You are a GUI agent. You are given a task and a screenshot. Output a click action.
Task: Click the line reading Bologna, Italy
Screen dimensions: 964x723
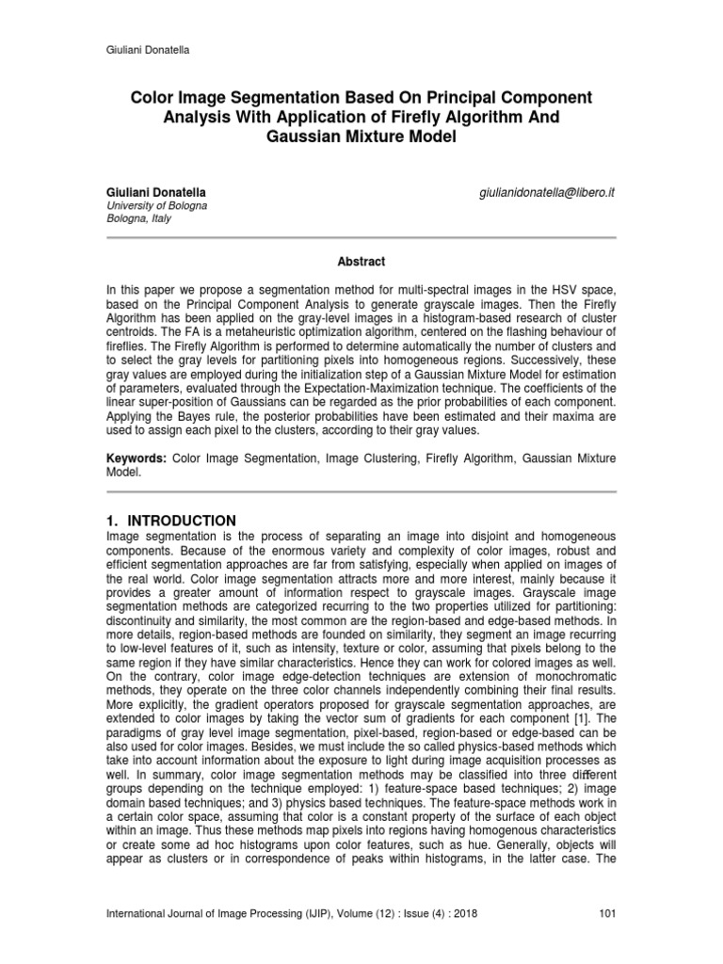click(138, 217)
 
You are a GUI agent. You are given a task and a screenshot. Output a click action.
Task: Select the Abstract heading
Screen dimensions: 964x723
click(361, 262)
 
